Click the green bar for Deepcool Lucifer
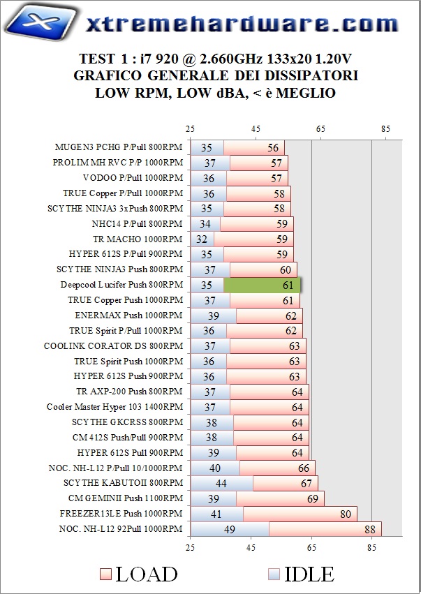262,285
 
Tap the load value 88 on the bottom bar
370,530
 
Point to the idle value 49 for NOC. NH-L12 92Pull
228,530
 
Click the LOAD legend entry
138,574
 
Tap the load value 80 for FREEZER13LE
345,514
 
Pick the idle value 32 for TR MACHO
202,239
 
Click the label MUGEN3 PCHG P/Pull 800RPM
119,147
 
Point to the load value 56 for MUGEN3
272,147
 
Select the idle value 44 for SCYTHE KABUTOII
221,484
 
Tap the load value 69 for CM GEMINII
312,499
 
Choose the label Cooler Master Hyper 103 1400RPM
115,407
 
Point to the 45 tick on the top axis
256,128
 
